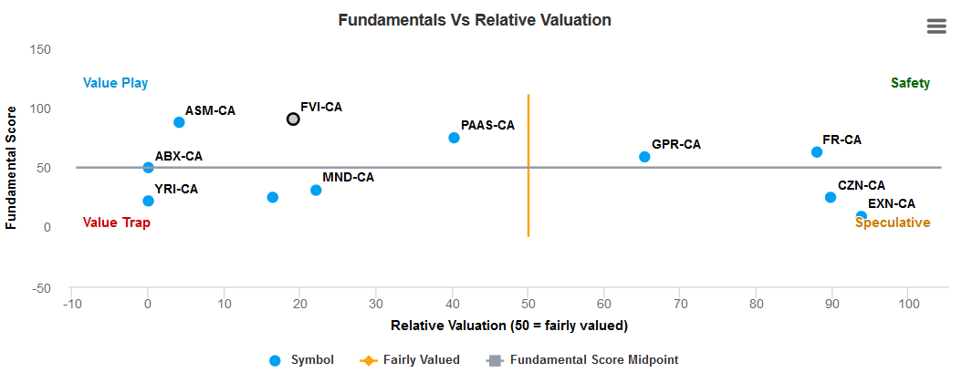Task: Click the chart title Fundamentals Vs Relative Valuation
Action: [475, 19]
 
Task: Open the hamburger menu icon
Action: [936, 26]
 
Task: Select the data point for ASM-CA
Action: [179, 122]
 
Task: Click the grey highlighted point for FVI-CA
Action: [293, 119]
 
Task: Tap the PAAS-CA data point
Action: [454, 138]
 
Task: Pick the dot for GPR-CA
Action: [644, 157]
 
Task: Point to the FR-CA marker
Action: [817, 152]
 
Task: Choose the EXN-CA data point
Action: [861, 216]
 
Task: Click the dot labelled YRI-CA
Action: [149, 201]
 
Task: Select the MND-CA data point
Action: [316, 190]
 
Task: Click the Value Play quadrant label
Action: [115, 83]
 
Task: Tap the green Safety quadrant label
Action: [910, 83]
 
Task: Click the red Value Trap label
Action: [116, 223]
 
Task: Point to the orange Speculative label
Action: [893, 223]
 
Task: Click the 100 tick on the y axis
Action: [41, 109]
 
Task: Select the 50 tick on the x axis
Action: [528, 303]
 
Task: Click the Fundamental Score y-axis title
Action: [12, 169]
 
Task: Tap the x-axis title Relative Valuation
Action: [509, 326]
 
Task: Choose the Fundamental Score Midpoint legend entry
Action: [593, 360]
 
